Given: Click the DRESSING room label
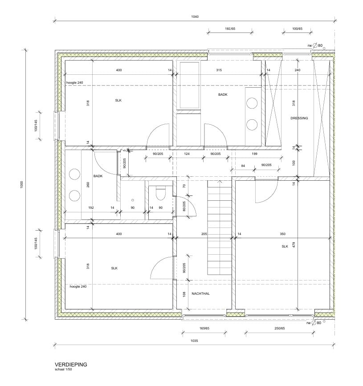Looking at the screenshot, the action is pyautogui.click(x=299, y=118).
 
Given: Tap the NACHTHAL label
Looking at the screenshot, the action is pyautogui.click(x=200, y=293).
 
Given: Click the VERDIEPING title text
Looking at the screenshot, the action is pyautogui.click(x=71, y=365).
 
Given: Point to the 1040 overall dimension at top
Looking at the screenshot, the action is pyautogui.click(x=195, y=17).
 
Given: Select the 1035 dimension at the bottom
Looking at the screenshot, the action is pyautogui.click(x=194, y=341).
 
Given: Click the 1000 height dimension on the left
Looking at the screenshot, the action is pyautogui.click(x=22, y=185).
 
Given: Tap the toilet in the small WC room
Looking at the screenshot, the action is pyautogui.click(x=160, y=194).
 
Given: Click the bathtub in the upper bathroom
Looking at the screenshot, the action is pyautogui.click(x=189, y=85).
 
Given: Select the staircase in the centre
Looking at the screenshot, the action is pyautogui.click(x=220, y=228).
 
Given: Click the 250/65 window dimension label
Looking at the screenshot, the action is pyautogui.click(x=280, y=328).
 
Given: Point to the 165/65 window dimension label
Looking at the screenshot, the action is pyautogui.click(x=204, y=328).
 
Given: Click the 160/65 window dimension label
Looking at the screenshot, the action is pyautogui.click(x=230, y=29).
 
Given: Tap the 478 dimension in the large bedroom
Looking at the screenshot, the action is pyautogui.click(x=294, y=245).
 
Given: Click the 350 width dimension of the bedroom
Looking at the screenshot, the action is pyautogui.click(x=282, y=234).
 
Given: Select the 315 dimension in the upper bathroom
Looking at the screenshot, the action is pyautogui.click(x=219, y=70).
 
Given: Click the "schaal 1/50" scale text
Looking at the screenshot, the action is pyautogui.click(x=63, y=369).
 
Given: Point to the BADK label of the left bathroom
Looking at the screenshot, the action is pyautogui.click(x=98, y=176).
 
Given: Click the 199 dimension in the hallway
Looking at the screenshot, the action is pyautogui.click(x=254, y=154).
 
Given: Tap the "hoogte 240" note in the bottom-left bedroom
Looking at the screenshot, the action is pyautogui.click(x=78, y=287).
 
